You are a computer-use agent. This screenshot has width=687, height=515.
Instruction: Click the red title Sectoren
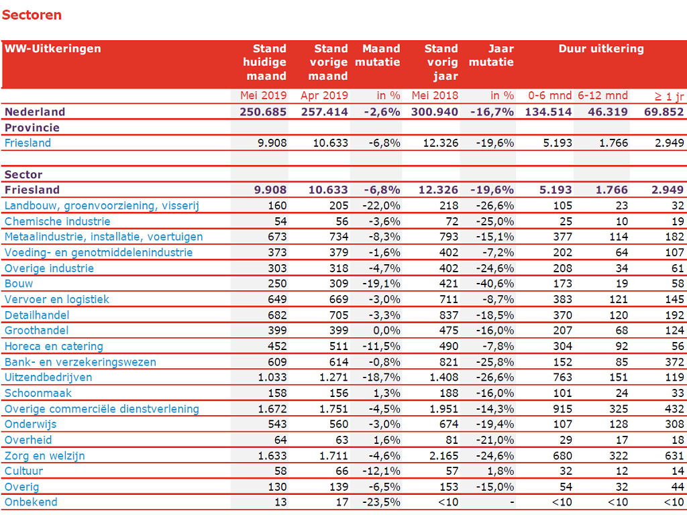tap(32, 15)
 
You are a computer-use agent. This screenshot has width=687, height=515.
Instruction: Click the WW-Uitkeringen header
tap(52, 48)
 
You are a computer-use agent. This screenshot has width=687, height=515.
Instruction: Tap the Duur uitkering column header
tap(601, 48)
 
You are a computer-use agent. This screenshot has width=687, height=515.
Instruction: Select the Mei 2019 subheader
tap(263, 95)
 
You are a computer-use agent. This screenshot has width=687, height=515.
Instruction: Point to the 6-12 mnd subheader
tap(603, 95)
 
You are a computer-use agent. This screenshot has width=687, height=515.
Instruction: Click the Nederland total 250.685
tap(263, 112)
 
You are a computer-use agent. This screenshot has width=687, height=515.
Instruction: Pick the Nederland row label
tap(35, 112)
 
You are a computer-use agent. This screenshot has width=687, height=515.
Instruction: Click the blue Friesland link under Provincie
tap(28, 144)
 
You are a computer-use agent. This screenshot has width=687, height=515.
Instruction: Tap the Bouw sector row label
tap(19, 284)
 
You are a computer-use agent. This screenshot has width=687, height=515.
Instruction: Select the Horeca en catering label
tap(54, 347)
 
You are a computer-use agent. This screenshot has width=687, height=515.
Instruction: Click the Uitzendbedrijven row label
tap(48, 378)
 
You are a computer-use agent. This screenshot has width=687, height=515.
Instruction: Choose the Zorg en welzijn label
tap(45, 456)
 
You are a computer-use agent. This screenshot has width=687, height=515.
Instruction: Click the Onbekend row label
tap(31, 502)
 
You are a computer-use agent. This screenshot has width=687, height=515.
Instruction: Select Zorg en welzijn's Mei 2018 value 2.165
tap(444, 456)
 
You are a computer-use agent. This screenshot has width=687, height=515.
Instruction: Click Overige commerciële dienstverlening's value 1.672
tap(272, 409)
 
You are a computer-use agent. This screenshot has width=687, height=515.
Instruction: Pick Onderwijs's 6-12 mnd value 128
tap(619, 424)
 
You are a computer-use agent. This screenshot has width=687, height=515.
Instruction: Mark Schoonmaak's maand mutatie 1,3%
tap(387, 393)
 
